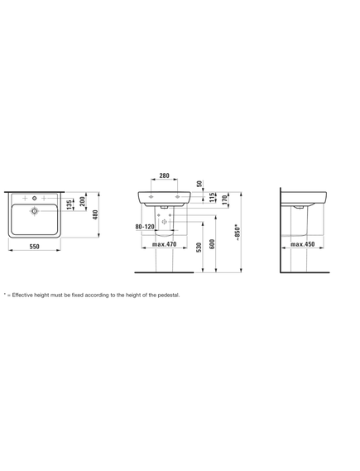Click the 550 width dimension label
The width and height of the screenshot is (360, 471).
coord(35,247)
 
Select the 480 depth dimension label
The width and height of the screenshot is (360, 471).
coord(95,214)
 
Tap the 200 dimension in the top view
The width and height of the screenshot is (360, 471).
coord(83,201)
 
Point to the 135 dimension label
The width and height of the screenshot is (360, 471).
coord(70,204)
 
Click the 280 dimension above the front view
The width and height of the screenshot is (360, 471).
coord(164,175)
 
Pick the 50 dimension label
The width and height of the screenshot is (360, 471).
coord(200,184)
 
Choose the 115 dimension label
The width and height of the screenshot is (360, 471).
coord(212,197)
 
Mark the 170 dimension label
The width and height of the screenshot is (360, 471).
coord(224,199)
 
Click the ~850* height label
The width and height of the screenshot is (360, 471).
coord(238,233)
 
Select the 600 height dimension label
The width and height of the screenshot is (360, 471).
coord(212,244)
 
